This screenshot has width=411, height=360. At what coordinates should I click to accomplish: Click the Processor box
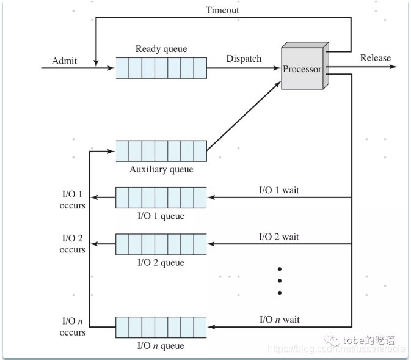(302, 69)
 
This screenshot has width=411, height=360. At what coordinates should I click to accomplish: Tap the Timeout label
(222, 10)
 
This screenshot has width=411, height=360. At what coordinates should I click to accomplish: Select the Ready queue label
(161, 49)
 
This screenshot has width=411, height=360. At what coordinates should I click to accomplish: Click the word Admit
(65, 60)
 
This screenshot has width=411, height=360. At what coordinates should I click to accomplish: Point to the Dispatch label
(244, 59)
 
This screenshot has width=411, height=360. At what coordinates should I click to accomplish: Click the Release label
(375, 57)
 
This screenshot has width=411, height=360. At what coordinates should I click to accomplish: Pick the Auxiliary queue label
(161, 169)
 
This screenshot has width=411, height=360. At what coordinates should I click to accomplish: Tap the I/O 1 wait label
(279, 190)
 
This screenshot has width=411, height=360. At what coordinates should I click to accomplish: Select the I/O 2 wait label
(279, 237)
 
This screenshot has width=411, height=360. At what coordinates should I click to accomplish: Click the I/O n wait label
(279, 319)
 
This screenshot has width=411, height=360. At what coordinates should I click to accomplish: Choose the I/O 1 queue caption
(161, 216)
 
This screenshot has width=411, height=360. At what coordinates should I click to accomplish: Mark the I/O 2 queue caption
(161, 263)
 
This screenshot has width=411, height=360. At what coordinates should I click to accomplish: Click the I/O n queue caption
(161, 346)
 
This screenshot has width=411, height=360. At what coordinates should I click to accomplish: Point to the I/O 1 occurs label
(73, 200)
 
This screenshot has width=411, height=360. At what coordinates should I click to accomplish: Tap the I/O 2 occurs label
(73, 244)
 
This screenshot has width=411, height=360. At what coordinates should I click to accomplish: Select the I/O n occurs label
(73, 326)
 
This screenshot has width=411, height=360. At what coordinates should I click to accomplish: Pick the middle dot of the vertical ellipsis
(279, 281)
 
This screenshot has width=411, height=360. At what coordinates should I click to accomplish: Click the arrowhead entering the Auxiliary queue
(111, 150)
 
